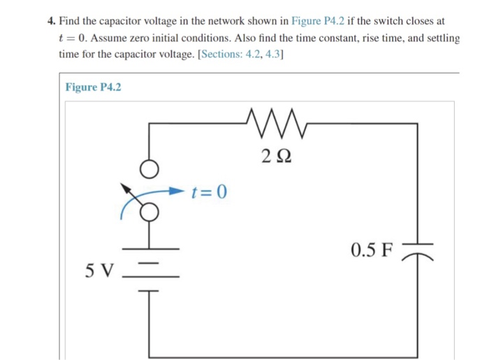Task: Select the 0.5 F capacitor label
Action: point(372,249)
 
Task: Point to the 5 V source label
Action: point(98,270)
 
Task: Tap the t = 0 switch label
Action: point(209,191)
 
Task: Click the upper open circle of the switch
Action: point(148,168)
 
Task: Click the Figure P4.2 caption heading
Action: point(93,87)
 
